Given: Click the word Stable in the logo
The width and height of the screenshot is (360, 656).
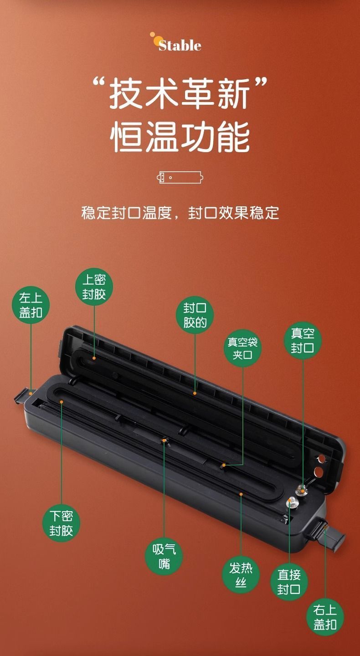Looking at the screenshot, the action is tap(180, 46).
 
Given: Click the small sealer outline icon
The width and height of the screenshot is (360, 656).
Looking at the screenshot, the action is tap(180, 178).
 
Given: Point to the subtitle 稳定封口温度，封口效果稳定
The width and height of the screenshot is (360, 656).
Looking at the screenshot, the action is tap(180, 213).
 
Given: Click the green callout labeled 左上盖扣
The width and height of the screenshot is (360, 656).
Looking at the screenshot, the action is tap(31, 305).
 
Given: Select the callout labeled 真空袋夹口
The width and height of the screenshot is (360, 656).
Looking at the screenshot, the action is tap(242, 348).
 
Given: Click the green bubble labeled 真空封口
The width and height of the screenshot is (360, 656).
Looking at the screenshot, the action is tap(303, 341).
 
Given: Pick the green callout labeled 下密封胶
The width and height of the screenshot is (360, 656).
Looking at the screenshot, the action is tap(61, 523).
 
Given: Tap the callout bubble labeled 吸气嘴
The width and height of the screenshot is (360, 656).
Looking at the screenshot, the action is tap(164, 556).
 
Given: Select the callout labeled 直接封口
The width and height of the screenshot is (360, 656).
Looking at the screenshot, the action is tap(289, 582).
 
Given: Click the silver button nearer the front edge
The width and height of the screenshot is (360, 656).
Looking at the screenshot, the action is tap(292, 502).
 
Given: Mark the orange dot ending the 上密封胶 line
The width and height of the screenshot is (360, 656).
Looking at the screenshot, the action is tap(94, 358).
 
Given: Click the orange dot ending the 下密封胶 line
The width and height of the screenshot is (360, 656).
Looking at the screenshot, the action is tap(62, 402).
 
